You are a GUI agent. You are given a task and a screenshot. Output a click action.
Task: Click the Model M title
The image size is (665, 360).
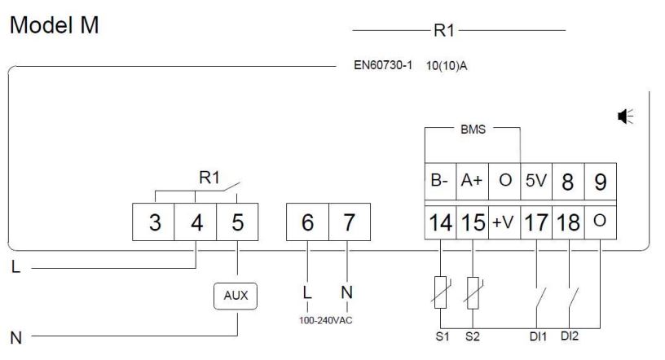(x=55, y=26)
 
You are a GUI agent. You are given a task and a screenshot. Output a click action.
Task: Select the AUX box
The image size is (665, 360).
(x=236, y=296)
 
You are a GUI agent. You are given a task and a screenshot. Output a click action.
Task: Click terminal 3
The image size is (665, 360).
(x=155, y=223)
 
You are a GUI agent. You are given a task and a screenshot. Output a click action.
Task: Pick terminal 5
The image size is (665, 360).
(x=237, y=223)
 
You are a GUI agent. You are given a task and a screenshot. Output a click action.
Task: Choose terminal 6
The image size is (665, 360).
(x=307, y=223)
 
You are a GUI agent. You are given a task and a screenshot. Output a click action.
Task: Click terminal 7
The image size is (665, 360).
(x=349, y=223)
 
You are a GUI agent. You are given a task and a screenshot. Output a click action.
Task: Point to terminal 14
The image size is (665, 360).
(x=440, y=222)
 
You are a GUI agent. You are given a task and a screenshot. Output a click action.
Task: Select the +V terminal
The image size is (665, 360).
(x=503, y=222)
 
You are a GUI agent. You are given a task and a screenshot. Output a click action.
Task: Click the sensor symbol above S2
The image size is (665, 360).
(x=472, y=289)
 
